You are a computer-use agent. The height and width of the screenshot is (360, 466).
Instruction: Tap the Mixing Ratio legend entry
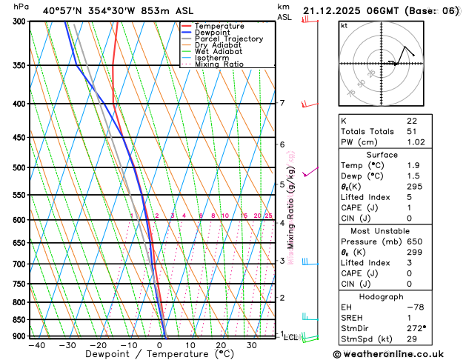[x=219, y=64]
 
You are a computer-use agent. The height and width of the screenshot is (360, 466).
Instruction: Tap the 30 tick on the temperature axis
[x=252, y=345]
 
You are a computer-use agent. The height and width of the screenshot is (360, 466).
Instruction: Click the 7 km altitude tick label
[x=282, y=103]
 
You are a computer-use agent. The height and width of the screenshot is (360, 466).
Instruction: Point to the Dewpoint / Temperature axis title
[x=159, y=354]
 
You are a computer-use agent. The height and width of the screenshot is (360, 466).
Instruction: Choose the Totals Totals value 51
[x=411, y=131]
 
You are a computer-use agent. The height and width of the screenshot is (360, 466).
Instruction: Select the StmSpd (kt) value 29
[x=411, y=339]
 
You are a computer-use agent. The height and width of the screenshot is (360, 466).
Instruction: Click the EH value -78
[x=415, y=307]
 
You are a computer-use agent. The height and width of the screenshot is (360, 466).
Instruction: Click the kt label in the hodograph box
[x=344, y=26]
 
